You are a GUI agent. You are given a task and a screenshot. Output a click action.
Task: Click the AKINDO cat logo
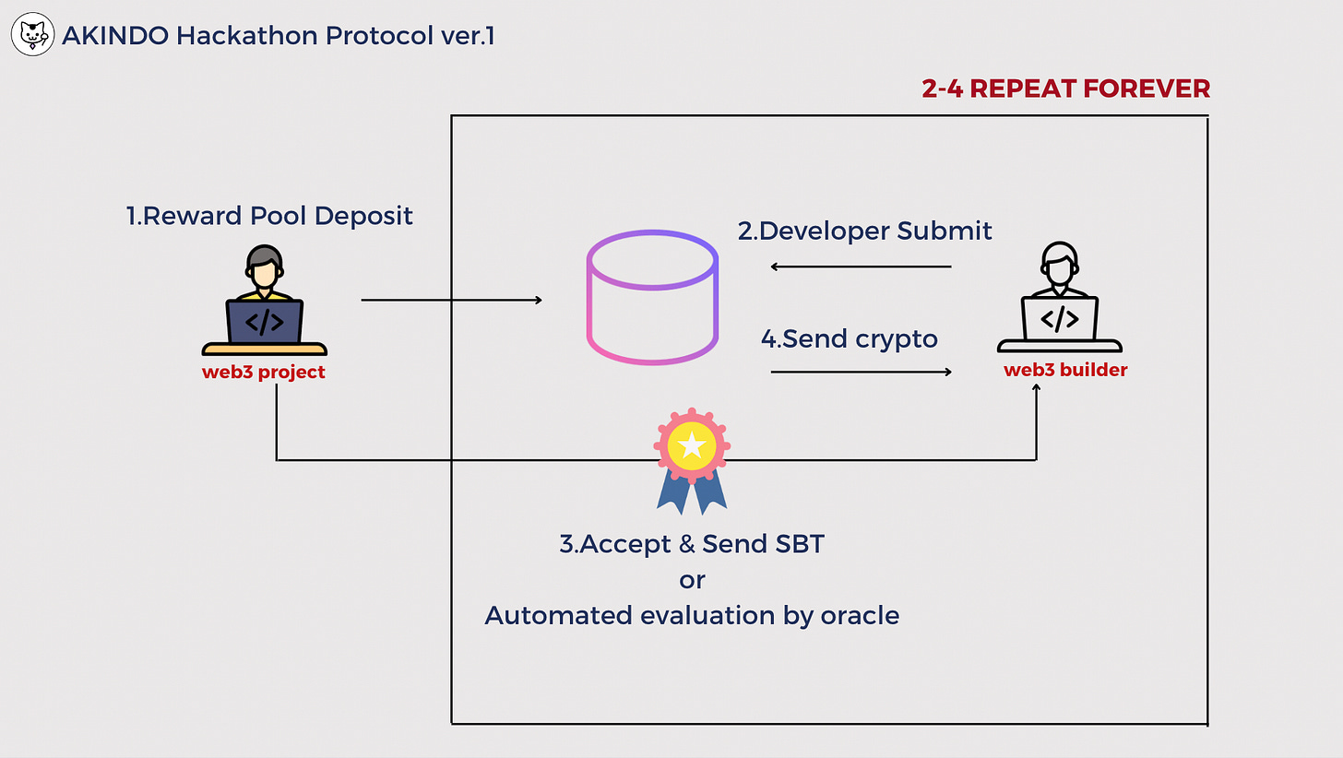(x=34, y=36)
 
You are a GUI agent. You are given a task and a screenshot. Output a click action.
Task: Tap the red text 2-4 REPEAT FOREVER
(x=1065, y=89)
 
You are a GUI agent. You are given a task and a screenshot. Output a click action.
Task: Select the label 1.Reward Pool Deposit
(x=269, y=216)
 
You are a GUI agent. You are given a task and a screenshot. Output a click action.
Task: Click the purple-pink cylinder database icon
(x=653, y=297)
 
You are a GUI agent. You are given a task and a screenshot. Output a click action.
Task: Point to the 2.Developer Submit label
(x=864, y=231)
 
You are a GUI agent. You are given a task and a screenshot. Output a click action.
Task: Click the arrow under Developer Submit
(x=861, y=267)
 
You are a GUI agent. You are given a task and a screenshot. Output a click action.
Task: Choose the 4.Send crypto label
(x=849, y=339)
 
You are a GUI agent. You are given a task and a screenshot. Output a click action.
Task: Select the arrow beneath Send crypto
(x=861, y=372)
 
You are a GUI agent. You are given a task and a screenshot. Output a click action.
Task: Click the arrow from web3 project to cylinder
(x=451, y=300)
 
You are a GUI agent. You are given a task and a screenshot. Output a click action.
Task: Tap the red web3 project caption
(x=264, y=373)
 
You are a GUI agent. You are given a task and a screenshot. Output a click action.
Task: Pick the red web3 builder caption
(x=1065, y=371)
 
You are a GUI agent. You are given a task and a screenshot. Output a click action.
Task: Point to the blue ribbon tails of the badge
(x=692, y=493)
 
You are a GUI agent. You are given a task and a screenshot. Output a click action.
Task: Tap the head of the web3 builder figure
(x=1059, y=261)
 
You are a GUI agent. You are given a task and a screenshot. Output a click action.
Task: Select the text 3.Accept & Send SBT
(x=692, y=544)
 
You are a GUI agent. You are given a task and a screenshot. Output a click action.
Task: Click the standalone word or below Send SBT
(x=692, y=580)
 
